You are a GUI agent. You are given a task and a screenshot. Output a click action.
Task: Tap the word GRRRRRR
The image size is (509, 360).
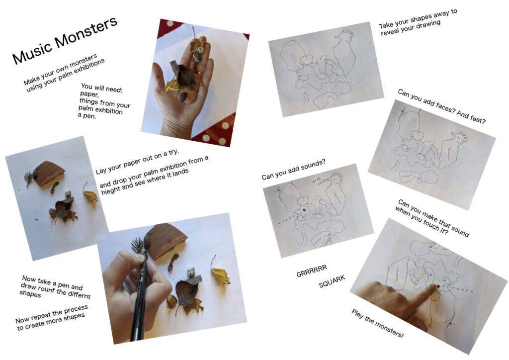pyautogui.click(x=312, y=270)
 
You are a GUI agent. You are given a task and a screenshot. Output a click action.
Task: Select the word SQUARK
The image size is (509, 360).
pyautogui.click(x=332, y=281)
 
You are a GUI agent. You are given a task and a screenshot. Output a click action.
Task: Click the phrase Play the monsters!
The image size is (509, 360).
pyautogui.click(x=377, y=323)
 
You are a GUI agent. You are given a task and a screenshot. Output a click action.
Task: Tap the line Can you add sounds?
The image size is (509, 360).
pyautogui.click(x=293, y=169)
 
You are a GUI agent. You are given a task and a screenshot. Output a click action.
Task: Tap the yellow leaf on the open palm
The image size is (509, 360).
pyautogui.click(x=172, y=86)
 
